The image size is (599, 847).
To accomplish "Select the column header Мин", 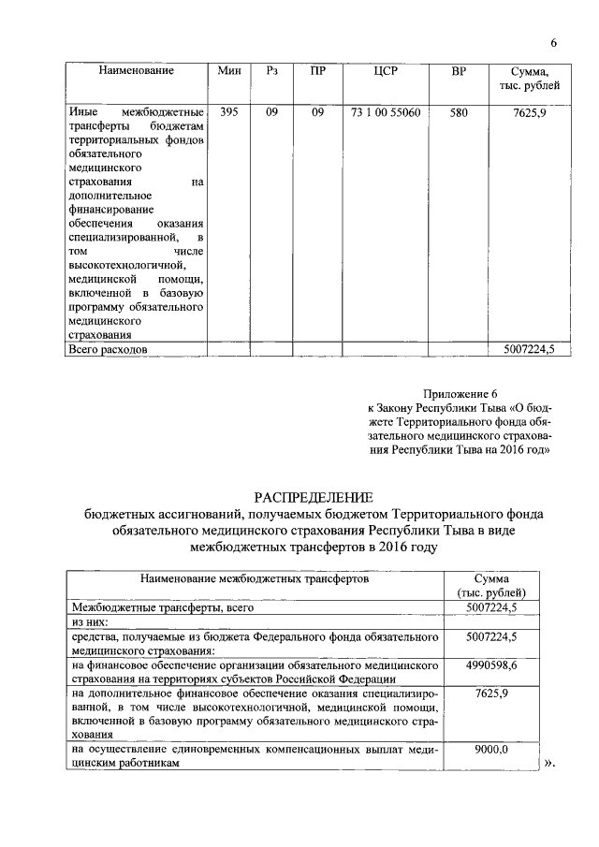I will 228,71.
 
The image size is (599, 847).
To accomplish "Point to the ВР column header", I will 458,71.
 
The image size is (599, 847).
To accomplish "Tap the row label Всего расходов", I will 110,349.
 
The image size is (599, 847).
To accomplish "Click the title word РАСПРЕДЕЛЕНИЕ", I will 313,496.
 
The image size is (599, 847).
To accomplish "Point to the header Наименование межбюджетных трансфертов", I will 255,579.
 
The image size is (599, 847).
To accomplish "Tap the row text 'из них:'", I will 90,621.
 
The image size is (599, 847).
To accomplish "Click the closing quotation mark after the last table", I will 549,763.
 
